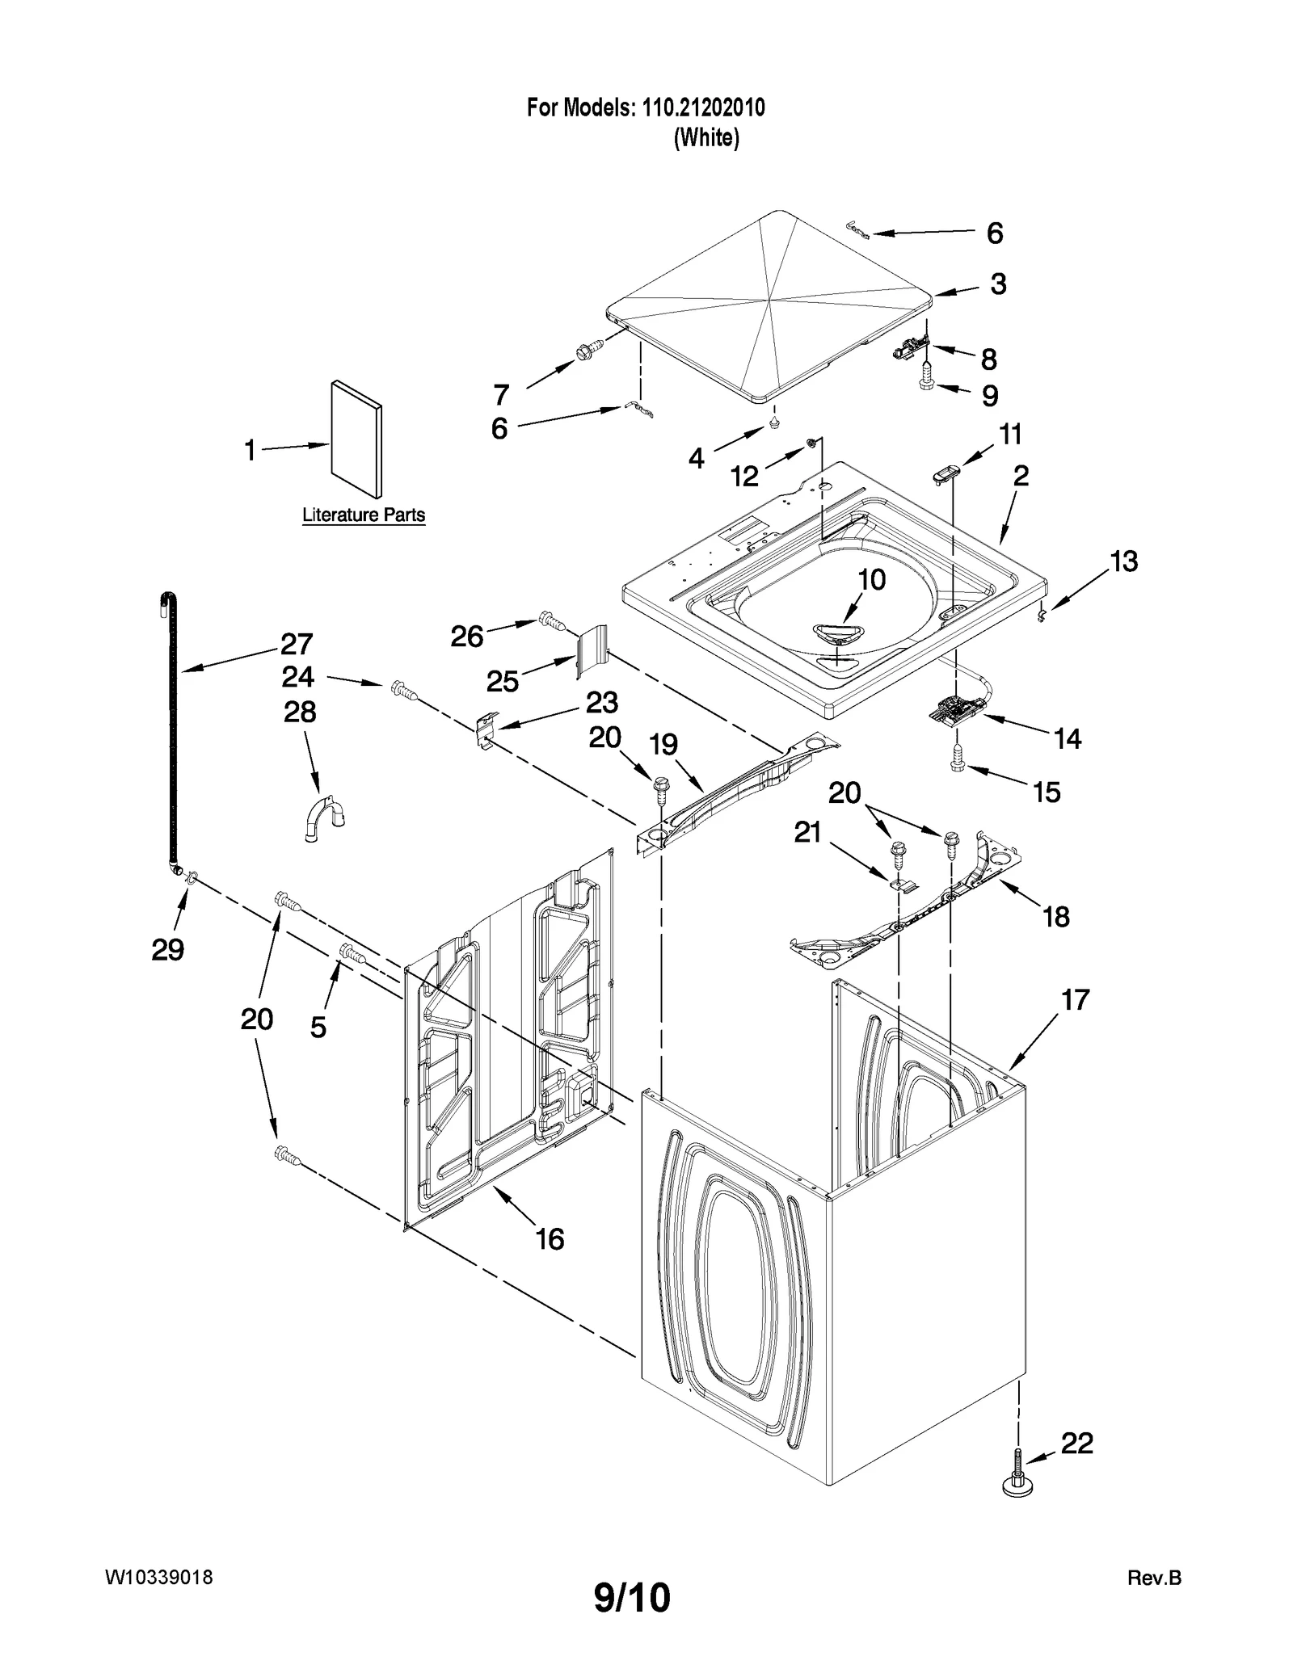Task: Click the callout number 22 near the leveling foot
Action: [1076, 1443]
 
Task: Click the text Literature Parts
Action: [364, 515]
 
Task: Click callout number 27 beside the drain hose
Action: [297, 644]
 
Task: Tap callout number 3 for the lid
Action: [998, 284]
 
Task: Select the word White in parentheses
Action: [706, 138]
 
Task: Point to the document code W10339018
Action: [159, 1577]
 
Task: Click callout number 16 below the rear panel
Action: [550, 1238]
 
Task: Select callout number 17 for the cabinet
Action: [1076, 1000]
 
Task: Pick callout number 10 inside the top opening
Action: [871, 579]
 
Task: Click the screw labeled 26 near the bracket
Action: [550, 621]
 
